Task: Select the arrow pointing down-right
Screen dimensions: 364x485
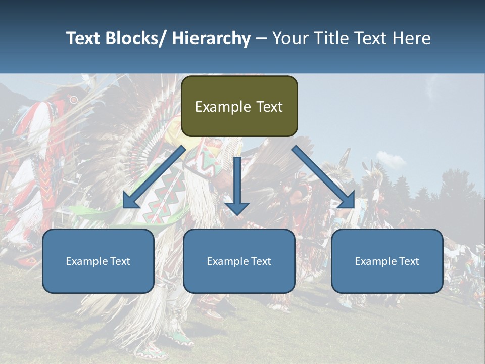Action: click(x=323, y=177)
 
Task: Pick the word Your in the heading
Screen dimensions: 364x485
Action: click(x=290, y=38)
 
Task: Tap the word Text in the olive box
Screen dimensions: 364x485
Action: click(x=268, y=107)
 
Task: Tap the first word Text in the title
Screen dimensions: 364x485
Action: click(x=83, y=38)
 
